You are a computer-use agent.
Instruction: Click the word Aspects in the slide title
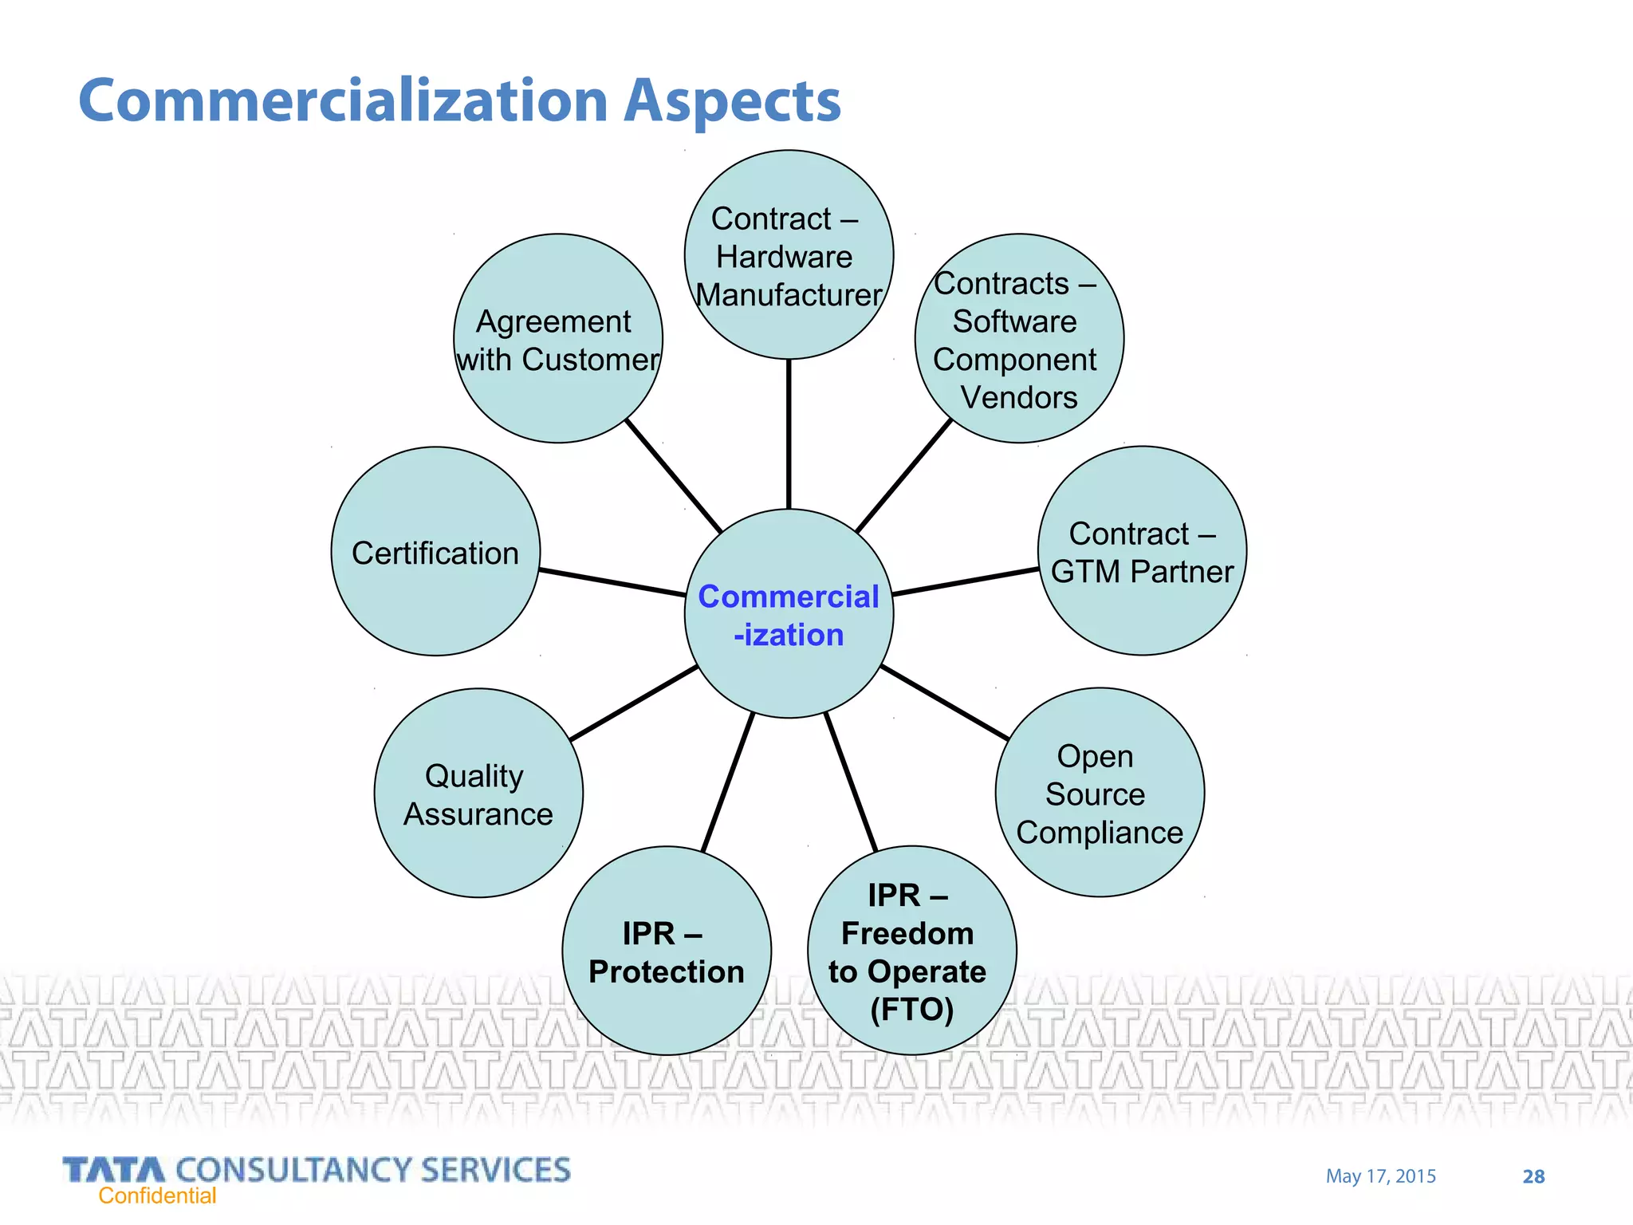(731, 101)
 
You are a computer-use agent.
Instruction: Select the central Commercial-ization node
(789, 614)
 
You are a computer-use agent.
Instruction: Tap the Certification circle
(435, 552)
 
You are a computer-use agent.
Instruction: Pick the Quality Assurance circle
(478, 794)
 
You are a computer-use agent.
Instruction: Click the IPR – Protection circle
(667, 951)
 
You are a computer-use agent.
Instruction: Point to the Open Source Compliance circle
(1100, 793)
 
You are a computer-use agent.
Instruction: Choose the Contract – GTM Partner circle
(1142, 551)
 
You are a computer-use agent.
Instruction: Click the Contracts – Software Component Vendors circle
(1018, 339)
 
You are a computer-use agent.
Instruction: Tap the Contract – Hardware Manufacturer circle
(789, 255)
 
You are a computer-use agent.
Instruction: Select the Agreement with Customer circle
(558, 339)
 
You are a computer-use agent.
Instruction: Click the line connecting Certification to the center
(612, 583)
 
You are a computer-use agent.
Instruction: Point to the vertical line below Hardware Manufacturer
(789, 435)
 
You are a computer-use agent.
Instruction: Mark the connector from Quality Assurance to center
(634, 703)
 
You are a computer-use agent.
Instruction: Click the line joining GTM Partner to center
(966, 581)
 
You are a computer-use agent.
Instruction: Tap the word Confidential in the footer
(157, 1195)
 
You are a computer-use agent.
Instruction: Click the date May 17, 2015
(1380, 1176)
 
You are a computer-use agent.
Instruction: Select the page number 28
(1533, 1176)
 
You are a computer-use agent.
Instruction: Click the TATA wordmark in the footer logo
(114, 1170)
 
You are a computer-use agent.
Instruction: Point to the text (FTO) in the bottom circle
(911, 1010)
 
